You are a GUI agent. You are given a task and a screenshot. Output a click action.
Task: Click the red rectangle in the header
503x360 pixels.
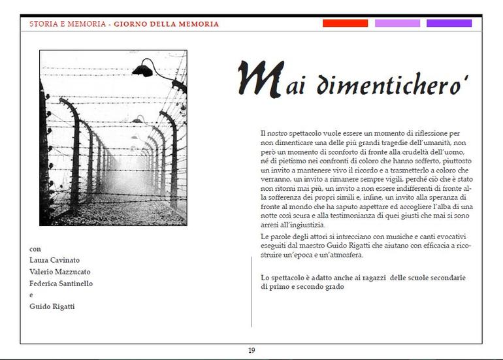345,24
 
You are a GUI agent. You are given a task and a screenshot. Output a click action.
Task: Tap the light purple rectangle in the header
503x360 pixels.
397,24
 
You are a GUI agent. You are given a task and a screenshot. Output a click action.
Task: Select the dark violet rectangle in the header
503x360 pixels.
449,24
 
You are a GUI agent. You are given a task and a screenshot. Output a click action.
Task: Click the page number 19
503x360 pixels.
252,351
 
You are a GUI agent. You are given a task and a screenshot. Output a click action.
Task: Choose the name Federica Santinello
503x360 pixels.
61,284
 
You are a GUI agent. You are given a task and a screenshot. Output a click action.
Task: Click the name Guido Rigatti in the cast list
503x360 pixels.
52,307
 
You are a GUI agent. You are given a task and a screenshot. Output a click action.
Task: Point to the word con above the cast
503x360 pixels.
35,249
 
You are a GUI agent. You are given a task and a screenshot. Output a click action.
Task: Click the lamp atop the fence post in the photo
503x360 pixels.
145,67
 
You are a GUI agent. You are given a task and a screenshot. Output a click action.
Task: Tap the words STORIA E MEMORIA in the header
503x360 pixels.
67,24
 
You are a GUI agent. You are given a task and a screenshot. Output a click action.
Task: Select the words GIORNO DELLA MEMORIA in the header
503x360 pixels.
167,24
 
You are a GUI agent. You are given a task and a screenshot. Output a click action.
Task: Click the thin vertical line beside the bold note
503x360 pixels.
252,291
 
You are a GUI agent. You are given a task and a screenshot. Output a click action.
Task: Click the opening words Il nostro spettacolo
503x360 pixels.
287,133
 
